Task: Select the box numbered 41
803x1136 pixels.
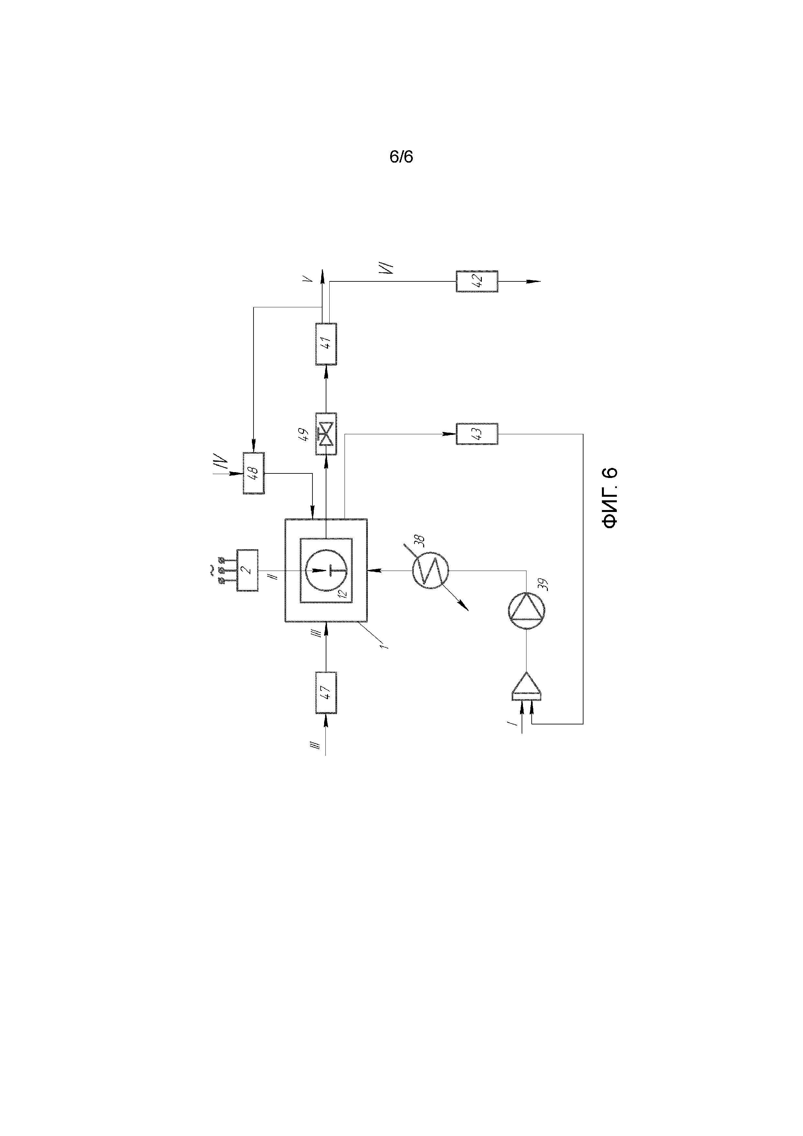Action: pyautogui.click(x=326, y=344)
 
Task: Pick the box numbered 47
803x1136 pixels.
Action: pyautogui.click(x=326, y=693)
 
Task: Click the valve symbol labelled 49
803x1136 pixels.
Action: pyautogui.click(x=326, y=434)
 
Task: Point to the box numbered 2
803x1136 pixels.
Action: pyautogui.click(x=247, y=571)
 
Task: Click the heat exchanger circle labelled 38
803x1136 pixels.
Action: pyautogui.click(x=430, y=571)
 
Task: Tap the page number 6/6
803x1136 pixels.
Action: pyautogui.click(x=401, y=157)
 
